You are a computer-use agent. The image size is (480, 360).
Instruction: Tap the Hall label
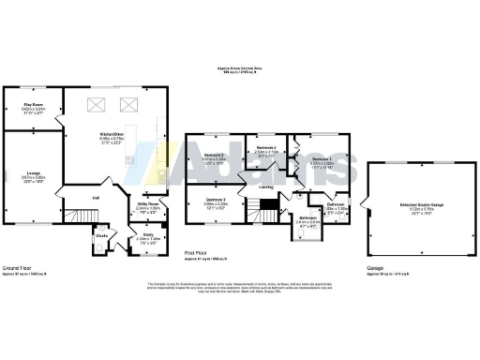point(96,198)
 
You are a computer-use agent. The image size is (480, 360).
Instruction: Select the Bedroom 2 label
point(214,156)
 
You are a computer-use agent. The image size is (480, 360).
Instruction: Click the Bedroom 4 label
point(266,148)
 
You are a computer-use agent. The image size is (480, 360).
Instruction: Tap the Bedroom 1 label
point(322,159)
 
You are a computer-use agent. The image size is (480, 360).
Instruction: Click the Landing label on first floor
point(266,187)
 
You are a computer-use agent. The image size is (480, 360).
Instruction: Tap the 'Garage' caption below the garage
point(374,267)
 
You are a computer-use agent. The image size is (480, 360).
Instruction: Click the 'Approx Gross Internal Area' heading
point(241,70)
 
